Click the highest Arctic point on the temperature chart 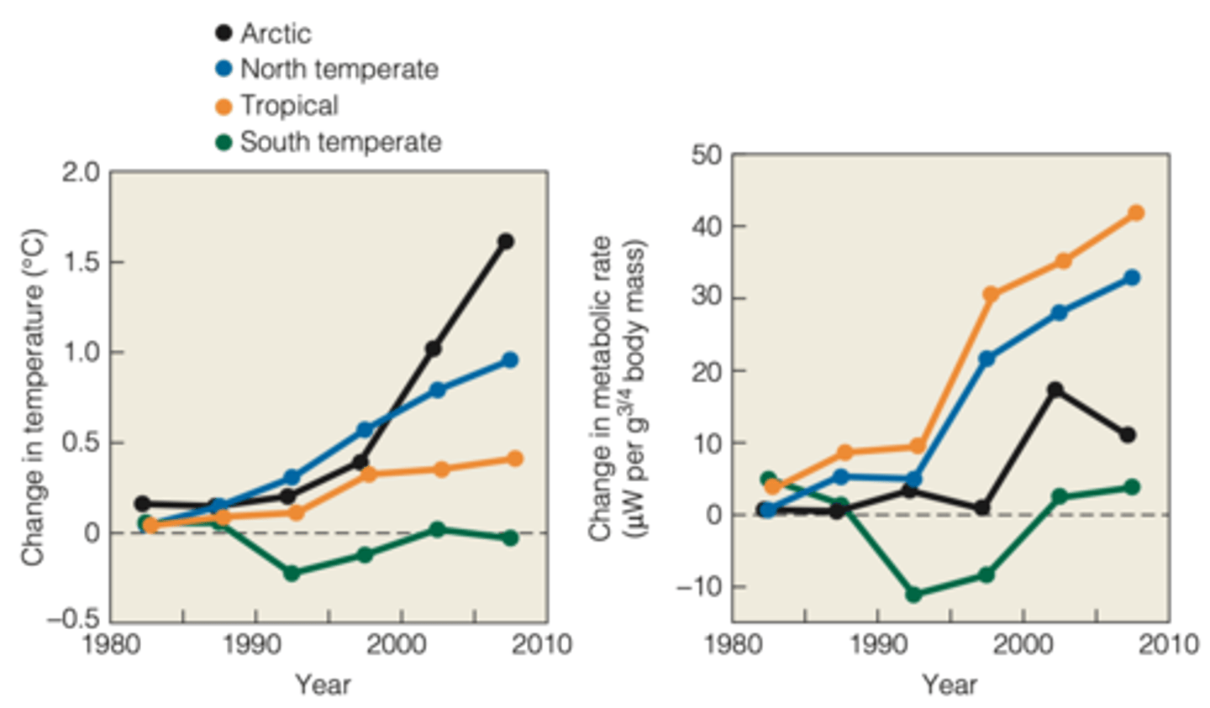[506, 242]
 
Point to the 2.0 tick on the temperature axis [80, 172]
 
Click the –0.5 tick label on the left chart [73, 620]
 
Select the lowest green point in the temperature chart [292, 574]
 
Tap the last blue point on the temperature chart [509, 360]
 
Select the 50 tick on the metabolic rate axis [707, 155]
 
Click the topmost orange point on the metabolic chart [1136, 213]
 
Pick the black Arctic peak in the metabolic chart [1056, 390]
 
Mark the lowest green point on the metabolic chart [914, 595]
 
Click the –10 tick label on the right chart [699, 586]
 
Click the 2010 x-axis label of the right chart [1168, 645]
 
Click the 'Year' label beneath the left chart [323, 684]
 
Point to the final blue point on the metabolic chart [1132, 278]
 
